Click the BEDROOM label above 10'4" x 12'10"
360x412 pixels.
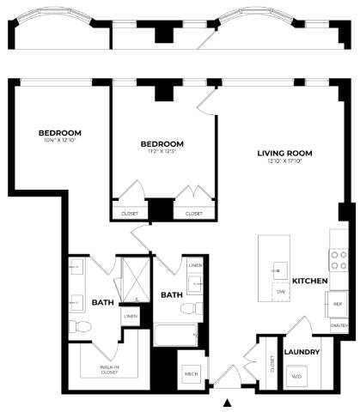click(60, 132)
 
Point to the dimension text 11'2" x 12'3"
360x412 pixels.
click(162, 151)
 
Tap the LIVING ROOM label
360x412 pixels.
click(284, 154)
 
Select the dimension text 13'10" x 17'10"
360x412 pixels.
click(284, 162)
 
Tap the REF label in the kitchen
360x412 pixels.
click(338, 305)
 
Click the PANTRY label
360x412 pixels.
click(339, 326)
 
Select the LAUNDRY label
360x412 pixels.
click(302, 352)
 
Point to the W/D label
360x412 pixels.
click(297, 376)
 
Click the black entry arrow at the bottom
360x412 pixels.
click(228, 402)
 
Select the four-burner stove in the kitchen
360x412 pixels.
click(338, 260)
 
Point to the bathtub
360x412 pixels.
click(176, 335)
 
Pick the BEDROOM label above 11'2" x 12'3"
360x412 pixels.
click(162, 142)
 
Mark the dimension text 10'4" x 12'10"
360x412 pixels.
click(60, 141)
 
